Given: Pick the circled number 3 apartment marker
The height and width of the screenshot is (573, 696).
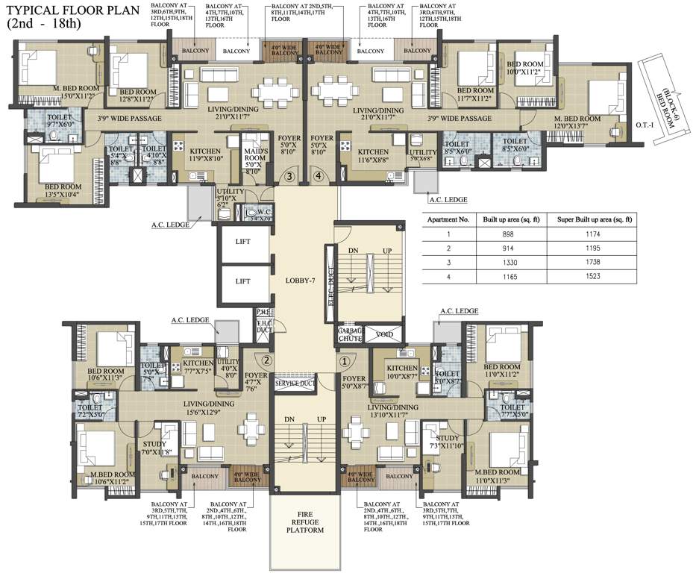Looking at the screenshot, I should pyautogui.click(x=291, y=177).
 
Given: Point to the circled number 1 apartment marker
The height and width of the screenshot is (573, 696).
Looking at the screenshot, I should pyautogui.click(x=345, y=360).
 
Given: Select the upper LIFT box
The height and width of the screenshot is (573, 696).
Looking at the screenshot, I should pyautogui.click(x=242, y=242).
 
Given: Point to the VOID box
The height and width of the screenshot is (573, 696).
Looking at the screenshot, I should pyautogui.click(x=384, y=334).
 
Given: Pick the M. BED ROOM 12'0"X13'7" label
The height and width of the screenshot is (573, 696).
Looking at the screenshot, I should pyautogui.click(x=577, y=123).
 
